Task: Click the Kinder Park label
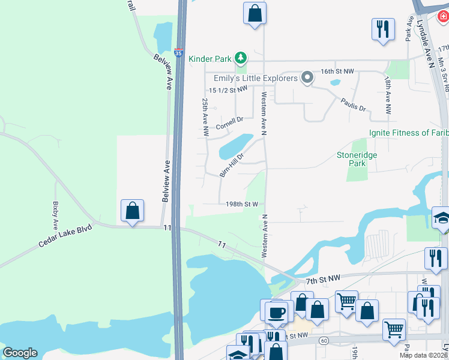[x=210, y=58]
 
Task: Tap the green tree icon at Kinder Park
[x=240, y=58]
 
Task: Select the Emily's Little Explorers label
[x=256, y=78]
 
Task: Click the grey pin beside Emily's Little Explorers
[x=307, y=77]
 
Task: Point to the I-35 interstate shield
[x=179, y=53]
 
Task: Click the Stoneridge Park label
[x=357, y=158]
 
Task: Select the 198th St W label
[x=242, y=204]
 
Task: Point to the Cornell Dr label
[x=229, y=123]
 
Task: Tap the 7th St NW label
[x=323, y=278]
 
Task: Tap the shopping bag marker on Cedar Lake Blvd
[x=133, y=211]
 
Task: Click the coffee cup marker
[x=277, y=312]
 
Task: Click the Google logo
[x=20, y=353]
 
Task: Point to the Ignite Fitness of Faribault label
[x=408, y=133]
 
